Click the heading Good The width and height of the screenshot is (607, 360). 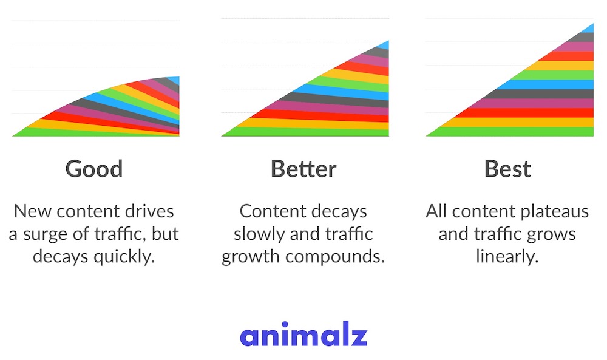click(x=94, y=169)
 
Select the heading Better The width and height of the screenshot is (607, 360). click(x=303, y=169)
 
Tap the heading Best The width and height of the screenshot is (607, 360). click(x=507, y=169)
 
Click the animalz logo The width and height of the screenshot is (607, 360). click(x=303, y=334)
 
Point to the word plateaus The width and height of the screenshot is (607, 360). click(x=555, y=212)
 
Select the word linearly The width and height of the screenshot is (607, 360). click(x=507, y=257)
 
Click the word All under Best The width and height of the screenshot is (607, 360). click(x=436, y=211)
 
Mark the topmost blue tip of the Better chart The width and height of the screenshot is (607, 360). click(x=385, y=44)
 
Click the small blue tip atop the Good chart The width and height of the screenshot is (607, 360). click(x=175, y=80)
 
